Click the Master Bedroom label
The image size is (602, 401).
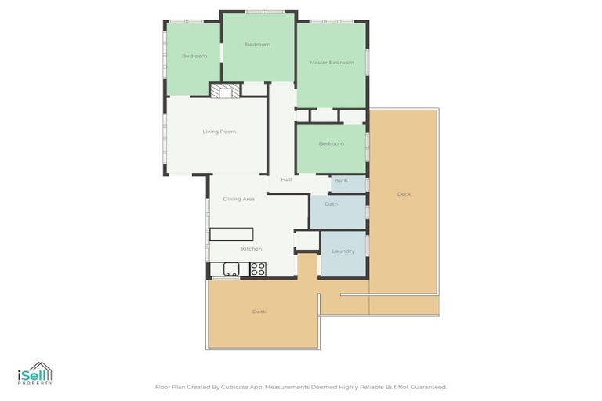click(x=331, y=63)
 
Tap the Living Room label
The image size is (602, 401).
click(x=219, y=132)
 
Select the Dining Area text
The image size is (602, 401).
click(x=238, y=200)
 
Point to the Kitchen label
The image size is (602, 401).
click(x=251, y=249)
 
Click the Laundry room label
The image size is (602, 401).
click(x=343, y=251)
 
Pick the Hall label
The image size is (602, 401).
click(x=286, y=179)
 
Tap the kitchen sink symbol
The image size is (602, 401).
click(x=231, y=269)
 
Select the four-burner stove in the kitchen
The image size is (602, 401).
click(x=258, y=269)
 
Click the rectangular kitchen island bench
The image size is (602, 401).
click(x=231, y=234)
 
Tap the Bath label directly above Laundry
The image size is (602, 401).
click(x=331, y=204)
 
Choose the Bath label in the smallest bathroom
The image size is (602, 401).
click(x=341, y=182)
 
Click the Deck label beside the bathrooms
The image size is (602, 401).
click(x=403, y=194)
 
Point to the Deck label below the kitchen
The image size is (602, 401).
click(x=259, y=312)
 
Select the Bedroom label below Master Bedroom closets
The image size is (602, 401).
click(x=331, y=144)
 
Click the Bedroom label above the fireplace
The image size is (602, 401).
click(x=257, y=45)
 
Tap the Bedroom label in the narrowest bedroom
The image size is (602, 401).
click(x=194, y=56)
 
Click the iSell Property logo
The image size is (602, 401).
click(x=34, y=374)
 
